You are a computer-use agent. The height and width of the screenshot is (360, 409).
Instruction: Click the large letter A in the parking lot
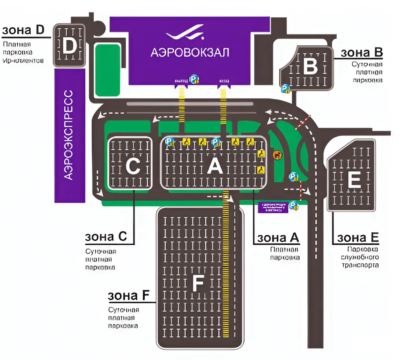215,167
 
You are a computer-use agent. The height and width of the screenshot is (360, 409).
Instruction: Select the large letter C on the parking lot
133,167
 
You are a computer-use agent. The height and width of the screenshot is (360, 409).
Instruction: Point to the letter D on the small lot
69,46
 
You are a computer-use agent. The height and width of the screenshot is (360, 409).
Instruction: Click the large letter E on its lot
354,180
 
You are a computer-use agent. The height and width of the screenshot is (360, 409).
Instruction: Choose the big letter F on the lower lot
199,282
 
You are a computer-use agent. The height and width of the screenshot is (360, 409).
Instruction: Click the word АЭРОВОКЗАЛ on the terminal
190,53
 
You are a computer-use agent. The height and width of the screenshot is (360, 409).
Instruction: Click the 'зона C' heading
106,237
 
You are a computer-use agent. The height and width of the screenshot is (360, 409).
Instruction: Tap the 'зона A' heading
278,238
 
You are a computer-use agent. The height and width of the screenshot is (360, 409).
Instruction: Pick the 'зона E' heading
358,238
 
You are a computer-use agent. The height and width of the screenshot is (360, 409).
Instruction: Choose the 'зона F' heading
129,296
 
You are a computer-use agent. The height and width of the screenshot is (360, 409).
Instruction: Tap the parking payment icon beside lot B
286,89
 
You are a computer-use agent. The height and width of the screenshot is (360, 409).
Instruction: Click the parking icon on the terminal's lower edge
194,80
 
